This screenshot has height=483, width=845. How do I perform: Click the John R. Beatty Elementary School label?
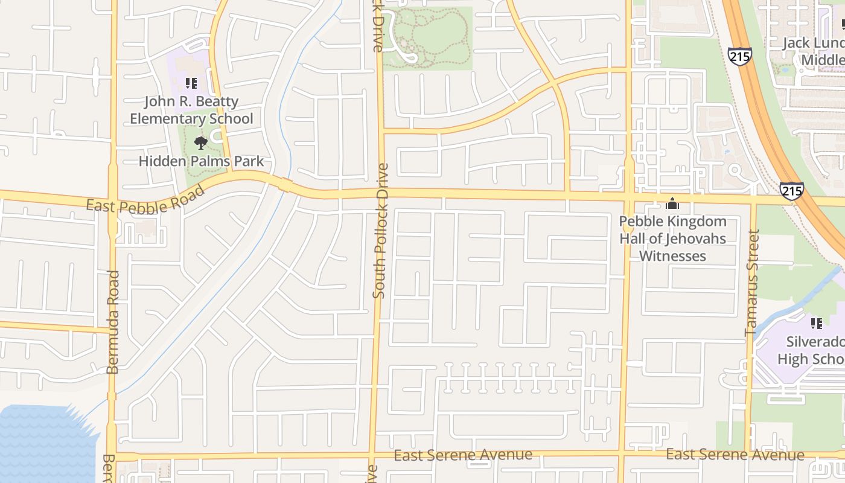[x=192, y=110]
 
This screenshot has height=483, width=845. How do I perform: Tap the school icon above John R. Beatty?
[x=191, y=83]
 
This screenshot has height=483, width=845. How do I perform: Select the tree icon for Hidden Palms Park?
[x=201, y=143]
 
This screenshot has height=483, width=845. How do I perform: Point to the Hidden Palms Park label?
[x=202, y=161]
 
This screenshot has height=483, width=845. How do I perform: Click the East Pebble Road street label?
[x=145, y=200]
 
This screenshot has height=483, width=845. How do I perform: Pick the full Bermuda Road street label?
[x=113, y=322]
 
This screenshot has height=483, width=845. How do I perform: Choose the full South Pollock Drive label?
[x=380, y=231]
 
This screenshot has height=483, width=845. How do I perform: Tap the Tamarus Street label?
[x=752, y=283]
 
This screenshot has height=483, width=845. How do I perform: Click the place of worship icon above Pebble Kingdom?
[x=672, y=204]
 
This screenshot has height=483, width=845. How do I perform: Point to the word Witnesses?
[x=672, y=256]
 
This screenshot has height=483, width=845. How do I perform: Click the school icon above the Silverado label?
[x=817, y=324]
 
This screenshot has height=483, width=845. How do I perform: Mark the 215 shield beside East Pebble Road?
[x=791, y=190]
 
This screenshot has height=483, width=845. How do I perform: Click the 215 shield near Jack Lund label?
[x=739, y=56]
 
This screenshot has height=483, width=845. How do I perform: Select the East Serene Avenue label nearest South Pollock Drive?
[x=463, y=455]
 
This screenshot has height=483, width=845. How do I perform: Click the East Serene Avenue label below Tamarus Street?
[x=735, y=455]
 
